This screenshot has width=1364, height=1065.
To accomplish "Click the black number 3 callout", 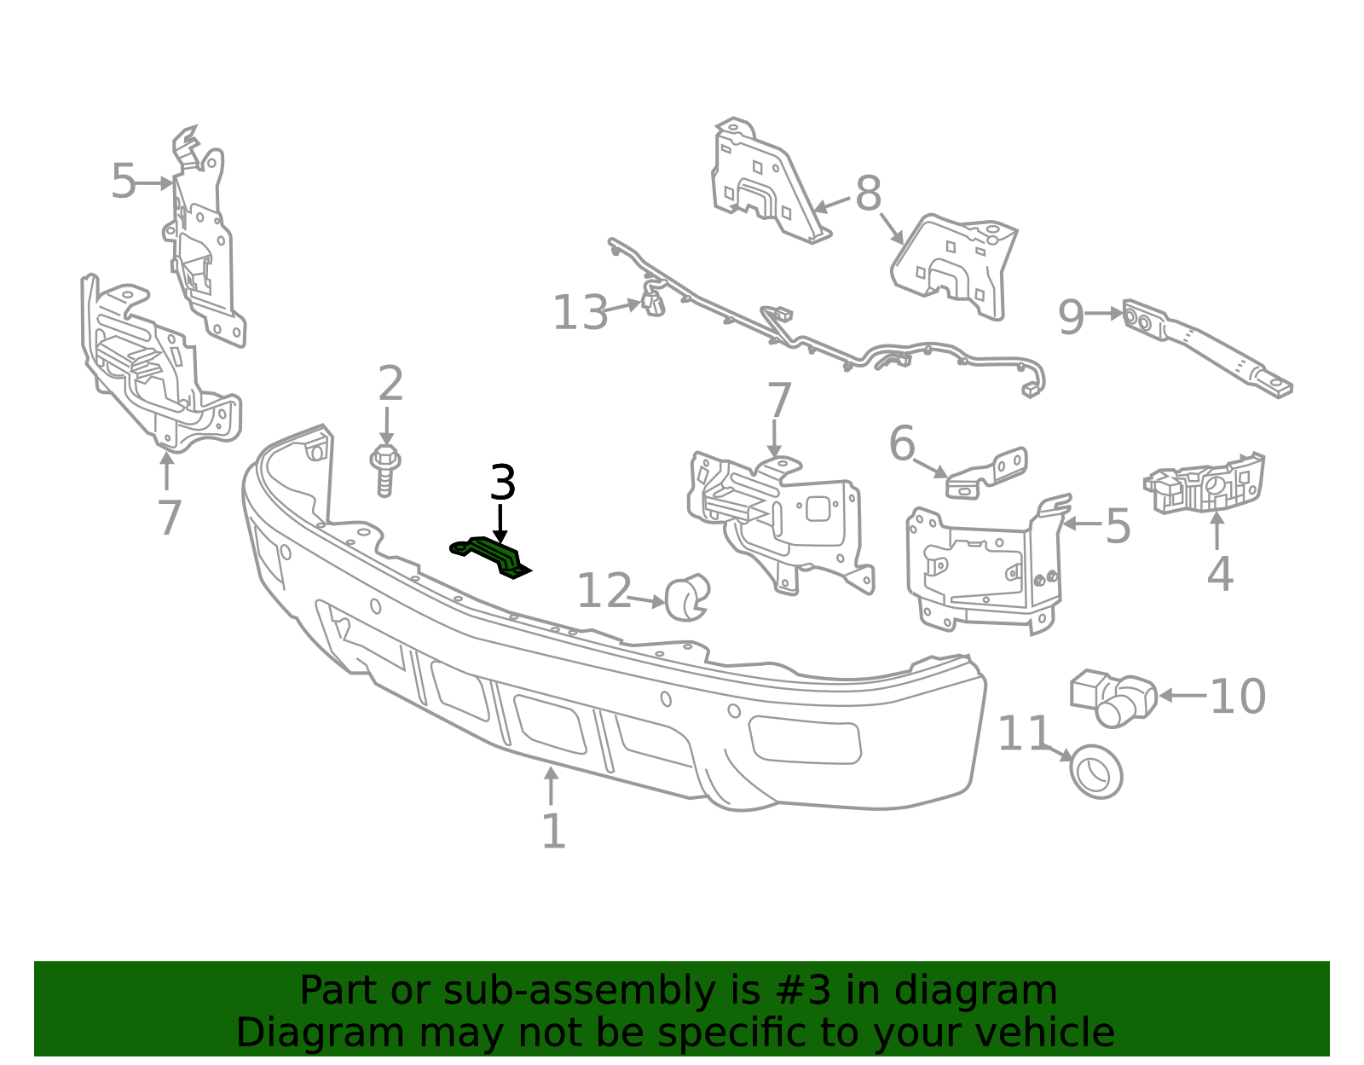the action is (502, 483).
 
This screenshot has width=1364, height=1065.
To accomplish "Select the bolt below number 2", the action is (385, 470).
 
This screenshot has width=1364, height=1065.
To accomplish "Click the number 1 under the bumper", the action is (553, 831).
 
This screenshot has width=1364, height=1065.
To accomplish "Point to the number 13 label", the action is (580, 313).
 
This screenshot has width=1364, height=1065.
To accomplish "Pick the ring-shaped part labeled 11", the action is (1095, 772).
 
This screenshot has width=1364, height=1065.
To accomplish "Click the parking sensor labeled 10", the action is (1113, 697).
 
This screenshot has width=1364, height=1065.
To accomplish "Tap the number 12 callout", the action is (604, 591).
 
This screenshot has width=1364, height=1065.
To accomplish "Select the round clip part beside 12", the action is (687, 597).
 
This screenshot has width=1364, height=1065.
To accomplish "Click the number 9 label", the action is (1071, 317).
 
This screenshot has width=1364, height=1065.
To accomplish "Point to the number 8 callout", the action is (868, 194).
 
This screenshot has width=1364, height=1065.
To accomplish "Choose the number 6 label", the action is (903, 443).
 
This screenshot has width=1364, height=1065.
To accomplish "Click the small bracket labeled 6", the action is (986, 474).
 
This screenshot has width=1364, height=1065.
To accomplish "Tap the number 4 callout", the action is (1220, 574).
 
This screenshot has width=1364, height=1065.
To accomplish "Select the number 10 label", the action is (1237, 697).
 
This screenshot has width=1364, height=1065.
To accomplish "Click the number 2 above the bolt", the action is (390, 384).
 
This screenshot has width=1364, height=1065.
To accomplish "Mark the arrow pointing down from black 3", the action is (500, 524).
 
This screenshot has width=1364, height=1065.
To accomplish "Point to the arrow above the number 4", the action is (1217, 531).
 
